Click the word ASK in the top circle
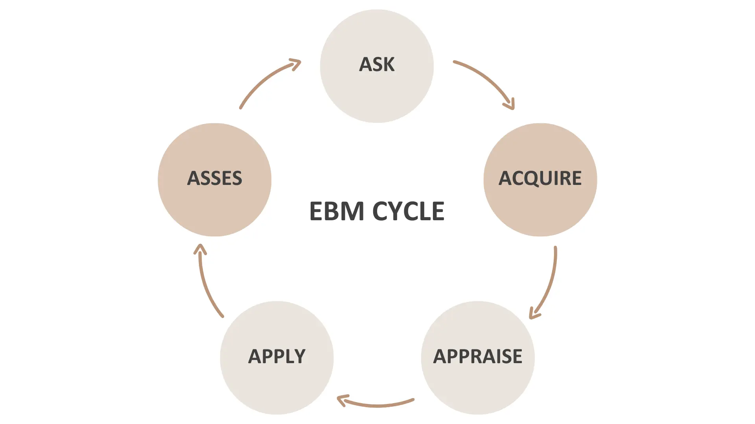pyautogui.click(x=377, y=64)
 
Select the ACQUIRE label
pyautogui.click(x=540, y=178)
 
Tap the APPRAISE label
pyautogui.click(x=477, y=356)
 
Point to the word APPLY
pyautogui.click(x=277, y=356)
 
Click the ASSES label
pyautogui.click(x=215, y=178)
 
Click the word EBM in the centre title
pyautogui.click(x=337, y=211)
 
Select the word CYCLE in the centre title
pyautogui.click(x=408, y=211)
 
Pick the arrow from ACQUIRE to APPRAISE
pyautogui.click(x=551, y=283)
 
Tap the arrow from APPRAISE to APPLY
pyautogui.click(x=377, y=405)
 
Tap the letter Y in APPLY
pyautogui.click(x=298, y=356)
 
